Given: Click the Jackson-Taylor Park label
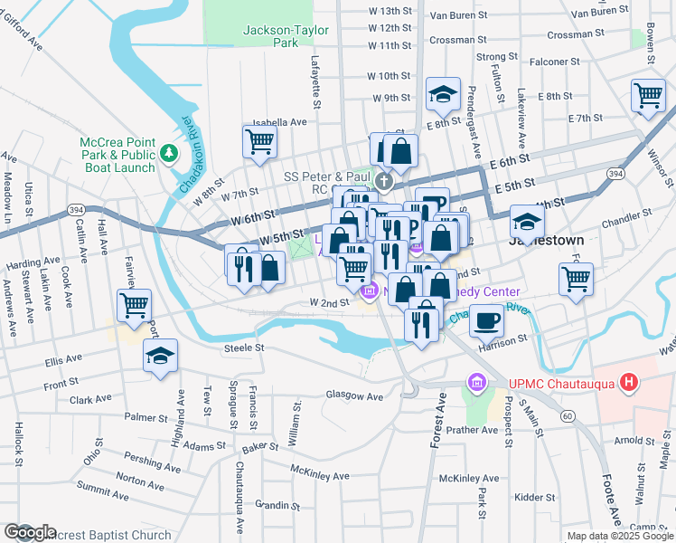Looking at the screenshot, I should (271, 36).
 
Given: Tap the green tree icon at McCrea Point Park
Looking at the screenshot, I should (168, 156).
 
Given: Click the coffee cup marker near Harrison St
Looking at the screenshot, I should (486, 319).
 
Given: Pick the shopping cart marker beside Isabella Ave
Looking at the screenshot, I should (259, 141).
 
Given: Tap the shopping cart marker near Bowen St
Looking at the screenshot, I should (647, 95).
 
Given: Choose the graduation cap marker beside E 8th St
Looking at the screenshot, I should (444, 93).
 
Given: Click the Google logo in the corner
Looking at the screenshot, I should (31, 532).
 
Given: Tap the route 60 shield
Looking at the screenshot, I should (567, 415).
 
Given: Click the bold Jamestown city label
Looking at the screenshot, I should (545, 241).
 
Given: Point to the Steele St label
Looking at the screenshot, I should (245, 347).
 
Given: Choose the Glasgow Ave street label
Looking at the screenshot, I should (354, 395).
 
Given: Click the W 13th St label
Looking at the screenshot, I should (390, 11).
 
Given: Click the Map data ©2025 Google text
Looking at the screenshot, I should (619, 536).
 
